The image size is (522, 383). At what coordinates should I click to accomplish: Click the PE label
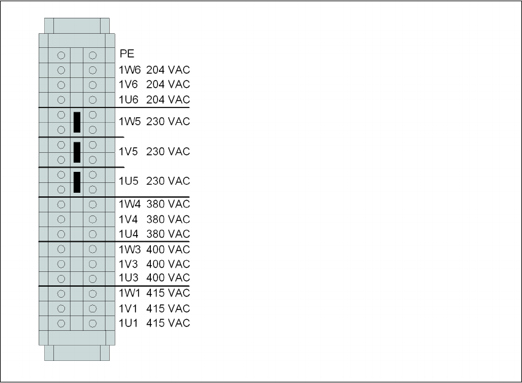[x=127, y=54]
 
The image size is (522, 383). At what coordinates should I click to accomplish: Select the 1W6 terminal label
[x=129, y=70]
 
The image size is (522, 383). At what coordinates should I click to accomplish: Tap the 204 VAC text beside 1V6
[x=168, y=84]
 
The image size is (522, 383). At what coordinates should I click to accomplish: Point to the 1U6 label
[x=129, y=99]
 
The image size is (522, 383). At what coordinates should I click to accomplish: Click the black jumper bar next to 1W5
[x=77, y=122]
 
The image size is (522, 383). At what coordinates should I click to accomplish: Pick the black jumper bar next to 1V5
[x=77, y=152]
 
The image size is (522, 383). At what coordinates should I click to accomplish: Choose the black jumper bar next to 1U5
[x=77, y=182]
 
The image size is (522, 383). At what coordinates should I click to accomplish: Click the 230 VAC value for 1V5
[x=168, y=152]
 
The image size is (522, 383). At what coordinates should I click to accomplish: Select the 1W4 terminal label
[x=129, y=204]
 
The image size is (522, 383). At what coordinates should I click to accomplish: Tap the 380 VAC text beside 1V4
[x=168, y=219]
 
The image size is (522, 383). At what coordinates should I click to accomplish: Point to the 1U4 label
[x=129, y=234]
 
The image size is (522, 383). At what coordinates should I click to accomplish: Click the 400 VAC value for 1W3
[x=168, y=249]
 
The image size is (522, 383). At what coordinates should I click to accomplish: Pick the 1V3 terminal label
[x=129, y=264]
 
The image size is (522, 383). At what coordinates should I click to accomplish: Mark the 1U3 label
[x=129, y=279]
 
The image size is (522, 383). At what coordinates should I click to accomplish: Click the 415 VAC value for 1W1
[x=168, y=293]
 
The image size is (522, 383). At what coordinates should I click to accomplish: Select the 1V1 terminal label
[x=129, y=308]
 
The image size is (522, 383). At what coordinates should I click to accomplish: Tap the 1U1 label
[x=129, y=323]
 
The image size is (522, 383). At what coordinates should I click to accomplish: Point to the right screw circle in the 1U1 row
[x=93, y=323]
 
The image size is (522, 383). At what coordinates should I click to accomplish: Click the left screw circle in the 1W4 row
[x=61, y=204]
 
